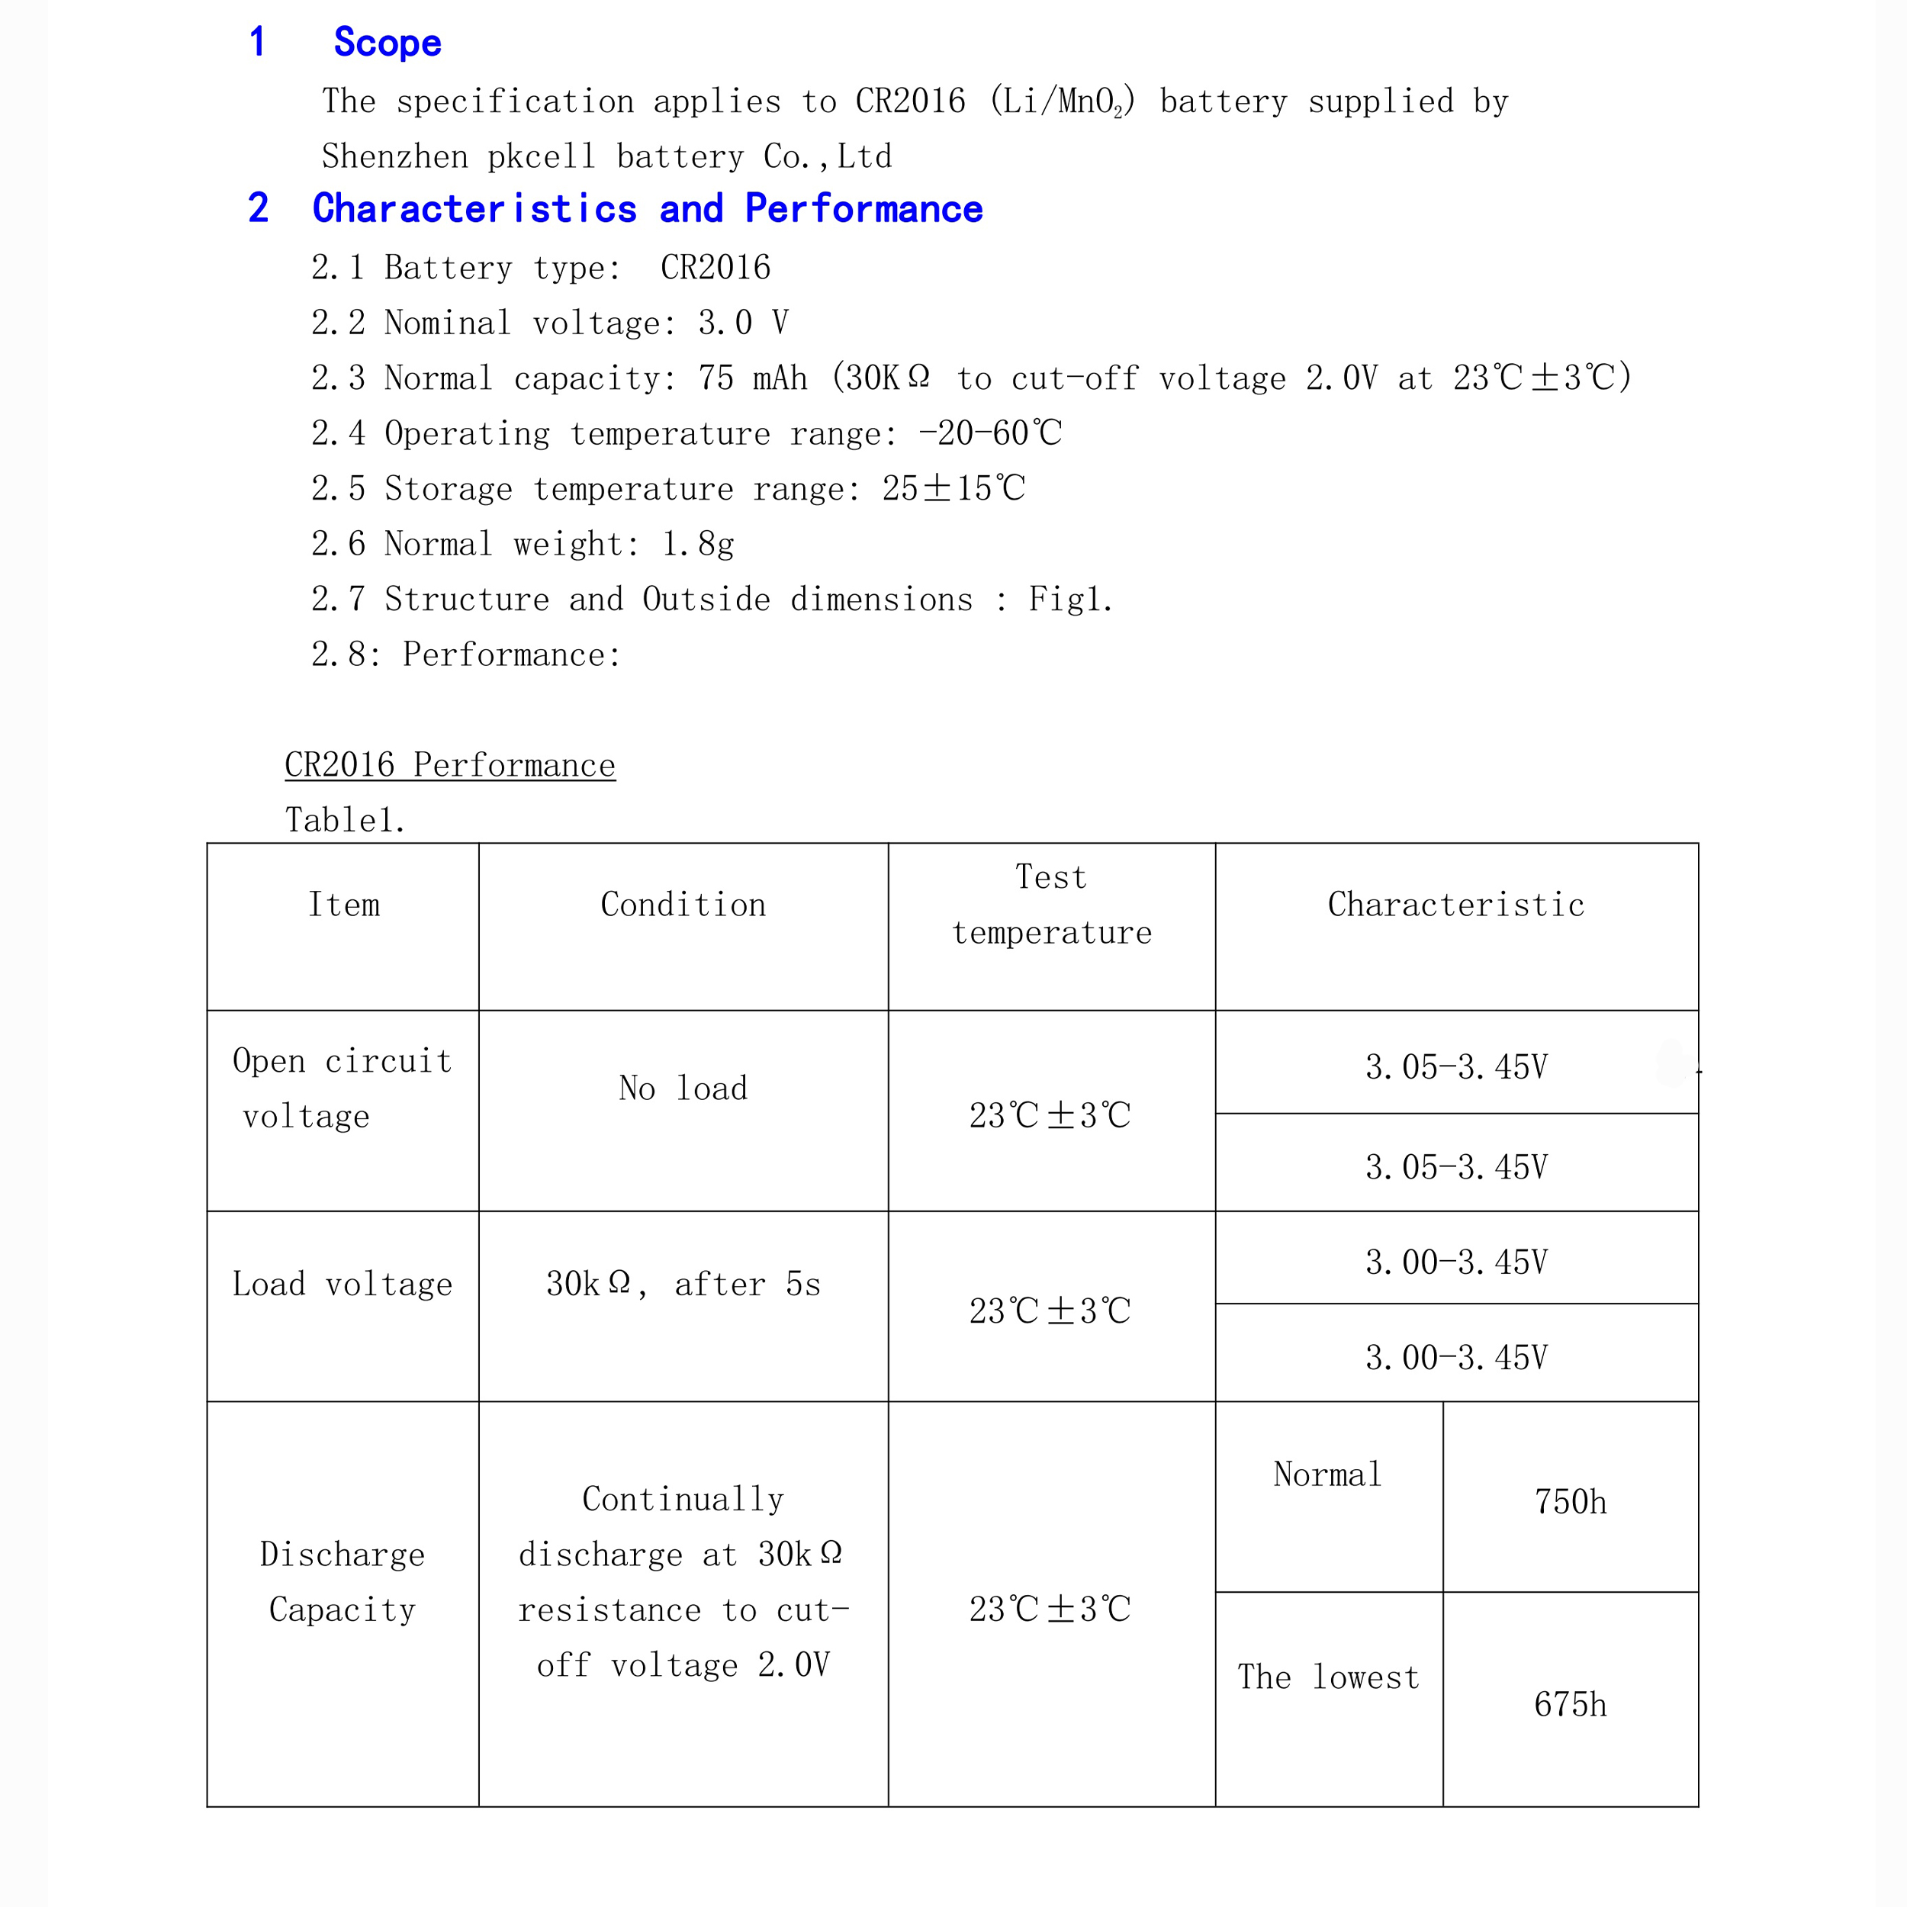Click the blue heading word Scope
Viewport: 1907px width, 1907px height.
click(x=387, y=43)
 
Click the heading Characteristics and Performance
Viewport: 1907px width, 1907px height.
click(x=647, y=208)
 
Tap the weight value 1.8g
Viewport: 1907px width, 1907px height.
click(x=698, y=544)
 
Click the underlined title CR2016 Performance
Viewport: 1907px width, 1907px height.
click(x=450, y=765)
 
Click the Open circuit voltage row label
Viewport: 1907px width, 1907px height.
click(x=342, y=1088)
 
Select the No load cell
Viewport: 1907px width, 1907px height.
click(x=683, y=1088)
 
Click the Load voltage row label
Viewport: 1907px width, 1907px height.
click(x=342, y=1284)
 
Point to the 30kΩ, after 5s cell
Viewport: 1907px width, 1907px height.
click(x=683, y=1284)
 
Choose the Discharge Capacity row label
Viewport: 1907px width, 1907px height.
click(x=342, y=1582)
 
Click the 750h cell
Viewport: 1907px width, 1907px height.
click(x=1569, y=1502)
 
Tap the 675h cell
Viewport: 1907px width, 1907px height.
click(x=1569, y=1705)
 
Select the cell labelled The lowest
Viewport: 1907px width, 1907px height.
click(x=1329, y=1677)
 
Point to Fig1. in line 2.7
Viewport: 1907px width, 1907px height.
click(x=1070, y=599)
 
